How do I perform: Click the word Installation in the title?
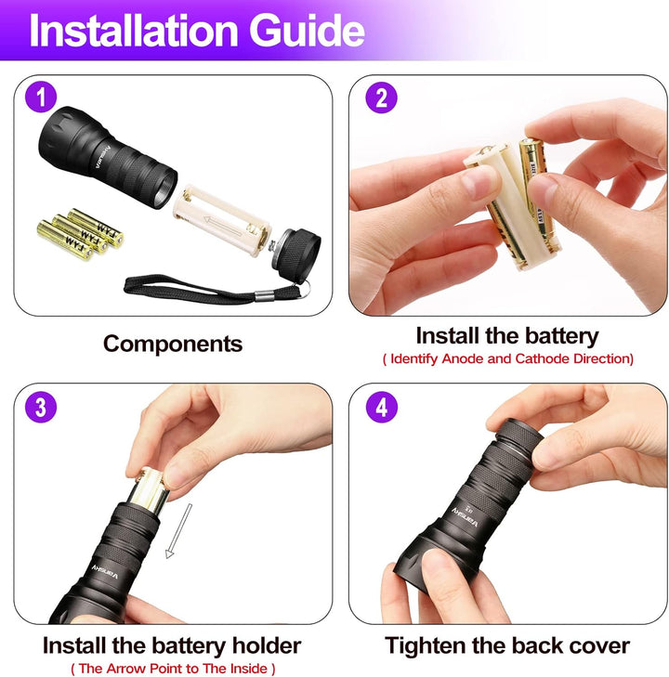point(132,31)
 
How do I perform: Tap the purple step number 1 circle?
point(40,97)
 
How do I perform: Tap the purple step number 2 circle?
point(381,98)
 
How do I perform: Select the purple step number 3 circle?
point(40,406)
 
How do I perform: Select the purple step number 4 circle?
point(381,406)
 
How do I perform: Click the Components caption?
point(173,344)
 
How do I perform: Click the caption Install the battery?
point(507,335)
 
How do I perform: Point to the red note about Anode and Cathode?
point(507,358)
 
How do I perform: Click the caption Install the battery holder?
point(172,644)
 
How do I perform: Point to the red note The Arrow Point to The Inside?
point(173,668)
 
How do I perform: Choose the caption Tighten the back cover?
point(507,644)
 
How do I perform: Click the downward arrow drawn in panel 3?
point(178,531)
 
